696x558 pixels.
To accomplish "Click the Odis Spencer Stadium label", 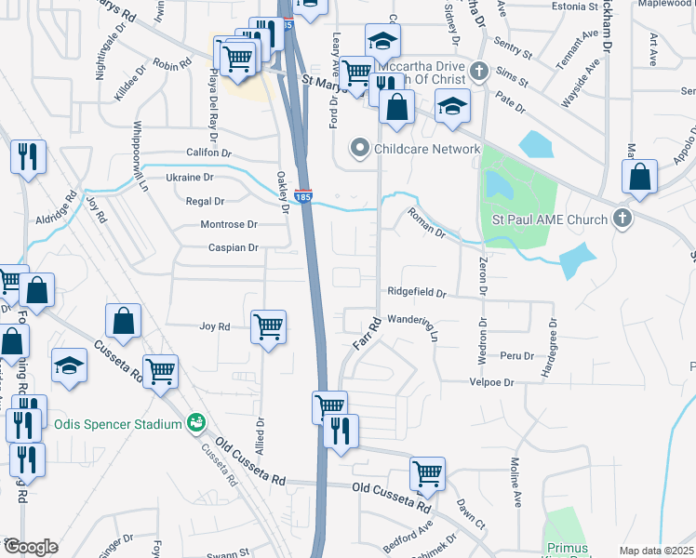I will [116, 424].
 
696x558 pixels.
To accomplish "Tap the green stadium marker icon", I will [195, 423].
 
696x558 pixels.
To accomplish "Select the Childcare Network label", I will [427, 148].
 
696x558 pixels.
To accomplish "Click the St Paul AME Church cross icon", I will [622, 219].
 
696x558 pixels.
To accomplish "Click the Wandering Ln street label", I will [412, 320].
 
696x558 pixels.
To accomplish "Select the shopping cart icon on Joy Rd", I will [269, 326].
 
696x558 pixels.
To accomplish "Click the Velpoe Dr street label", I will [491, 382].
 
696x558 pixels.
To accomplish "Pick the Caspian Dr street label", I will [233, 247].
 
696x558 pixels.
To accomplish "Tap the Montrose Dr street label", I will [228, 224].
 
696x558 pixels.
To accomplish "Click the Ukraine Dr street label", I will [189, 177].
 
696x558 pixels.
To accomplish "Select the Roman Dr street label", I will [426, 223].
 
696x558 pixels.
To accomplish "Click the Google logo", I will [31, 547].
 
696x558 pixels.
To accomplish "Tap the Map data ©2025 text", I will [656, 551].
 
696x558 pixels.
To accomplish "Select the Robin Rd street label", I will [172, 64].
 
